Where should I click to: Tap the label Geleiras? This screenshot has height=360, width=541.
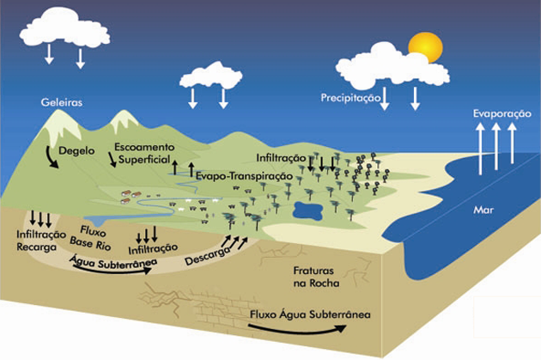click(61, 102)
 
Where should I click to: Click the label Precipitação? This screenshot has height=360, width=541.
click(350, 99)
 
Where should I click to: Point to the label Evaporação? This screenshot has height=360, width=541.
click(500, 113)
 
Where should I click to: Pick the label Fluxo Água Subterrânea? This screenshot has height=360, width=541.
click(311, 314)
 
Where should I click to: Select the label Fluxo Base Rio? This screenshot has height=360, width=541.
click(92, 236)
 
